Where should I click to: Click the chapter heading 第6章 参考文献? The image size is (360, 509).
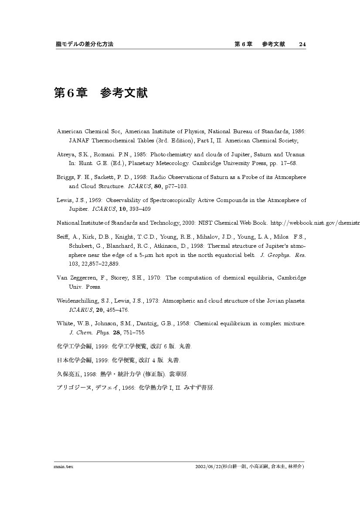(101, 93)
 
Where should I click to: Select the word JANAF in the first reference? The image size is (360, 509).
(78, 141)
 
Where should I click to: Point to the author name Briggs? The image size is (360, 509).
(66, 177)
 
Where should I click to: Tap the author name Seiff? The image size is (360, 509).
(63, 237)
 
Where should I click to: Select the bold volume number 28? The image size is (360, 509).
(116, 333)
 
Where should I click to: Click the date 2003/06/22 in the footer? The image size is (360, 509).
(208, 466)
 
